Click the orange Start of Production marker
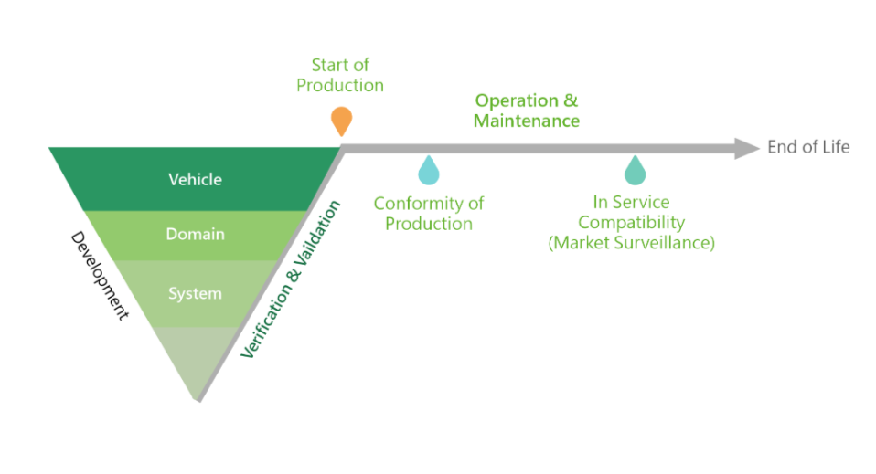(x=340, y=120)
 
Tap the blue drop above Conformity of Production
(x=427, y=171)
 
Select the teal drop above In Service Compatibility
(x=634, y=171)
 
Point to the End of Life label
(x=808, y=147)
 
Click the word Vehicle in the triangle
(x=195, y=179)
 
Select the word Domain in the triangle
(x=195, y=235)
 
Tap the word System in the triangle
(x=195, y=294)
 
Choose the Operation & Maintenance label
(x=526, y=111)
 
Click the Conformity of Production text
(x=428, y=213)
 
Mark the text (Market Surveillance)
(x=631, y=243)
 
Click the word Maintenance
(x=526, y=121)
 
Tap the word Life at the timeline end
(x=837, y=147)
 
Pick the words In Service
(x=631, y=203)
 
